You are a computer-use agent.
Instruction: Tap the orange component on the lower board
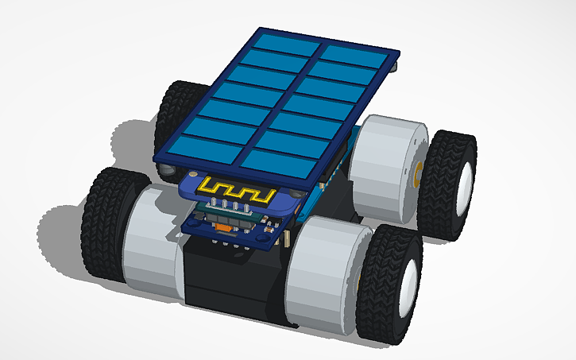pos(224,228)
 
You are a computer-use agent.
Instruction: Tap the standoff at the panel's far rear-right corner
pos(395,70)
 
